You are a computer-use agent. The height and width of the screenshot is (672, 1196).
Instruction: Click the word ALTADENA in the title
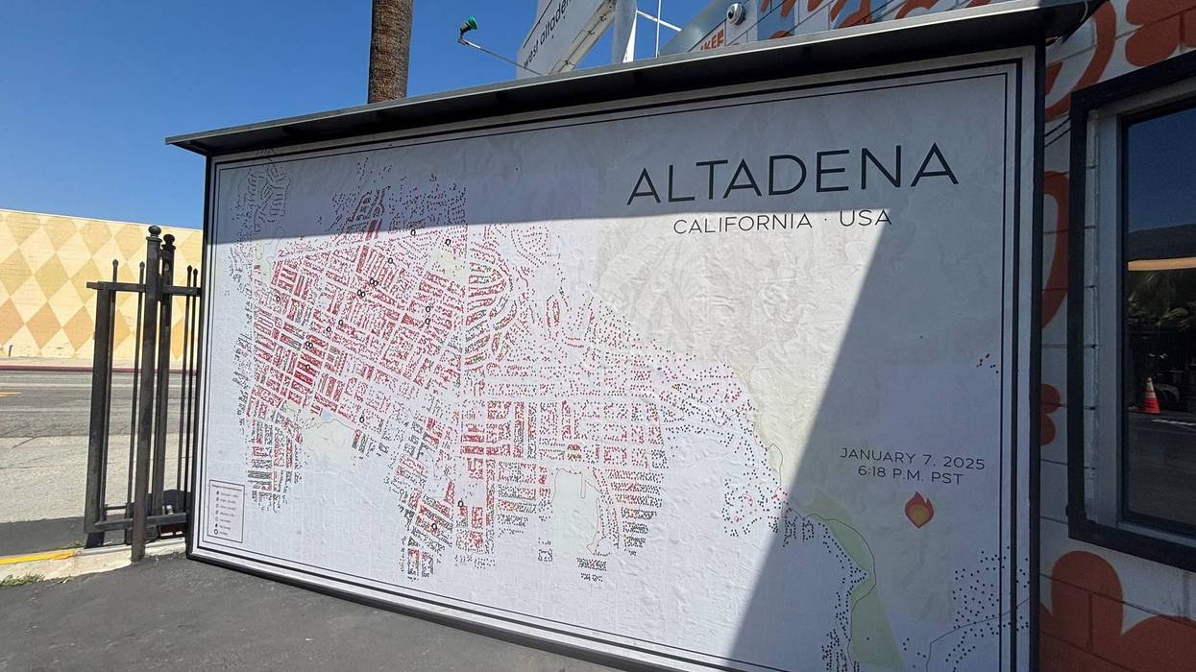792,174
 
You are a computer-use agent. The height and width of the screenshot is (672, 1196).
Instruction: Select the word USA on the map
865,218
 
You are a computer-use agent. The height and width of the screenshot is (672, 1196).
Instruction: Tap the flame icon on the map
918,510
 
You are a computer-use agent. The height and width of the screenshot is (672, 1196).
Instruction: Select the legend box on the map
226,510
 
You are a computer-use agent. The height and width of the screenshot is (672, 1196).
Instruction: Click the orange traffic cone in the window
1149,396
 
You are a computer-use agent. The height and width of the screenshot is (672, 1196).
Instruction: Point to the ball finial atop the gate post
153,232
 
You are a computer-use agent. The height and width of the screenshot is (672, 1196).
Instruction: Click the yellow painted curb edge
38,557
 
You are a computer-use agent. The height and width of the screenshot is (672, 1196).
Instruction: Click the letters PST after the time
945,478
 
